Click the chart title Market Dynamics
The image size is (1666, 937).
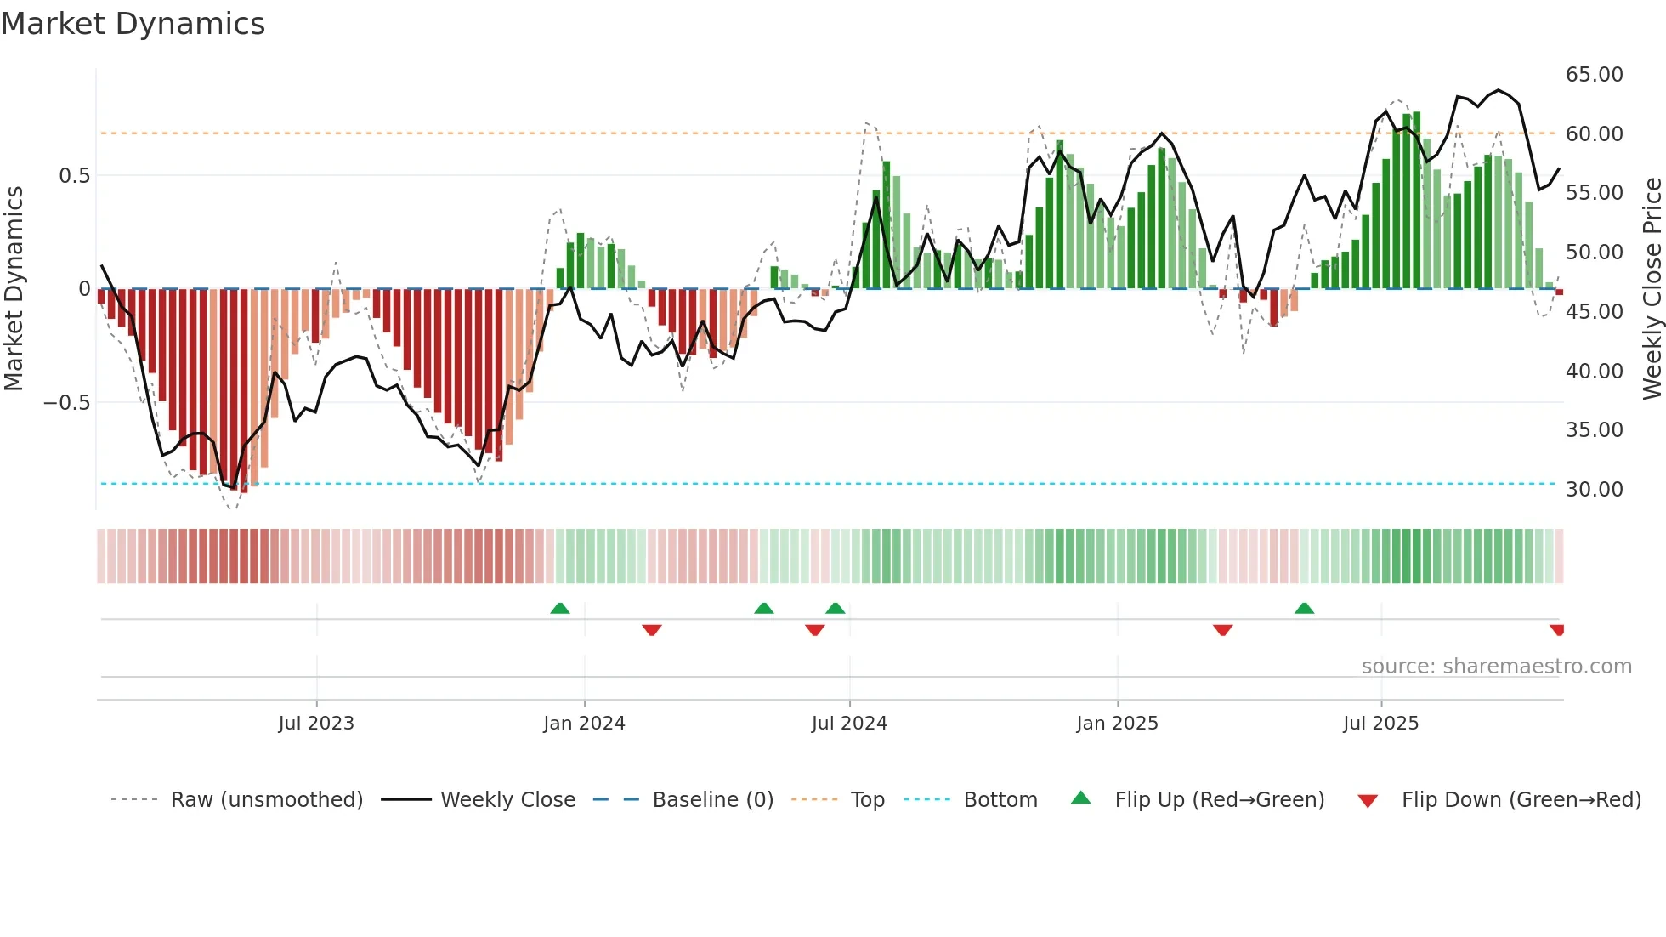point(133,24)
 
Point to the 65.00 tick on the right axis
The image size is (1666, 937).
point(1594,75)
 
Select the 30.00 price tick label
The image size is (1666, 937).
point(1594,490)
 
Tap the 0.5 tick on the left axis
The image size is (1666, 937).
point(74,176)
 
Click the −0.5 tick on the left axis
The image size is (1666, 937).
point(66,403)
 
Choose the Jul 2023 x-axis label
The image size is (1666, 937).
point(316,724)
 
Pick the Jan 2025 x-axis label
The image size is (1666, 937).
point(1117,724)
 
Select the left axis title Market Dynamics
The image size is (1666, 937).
point(14,289)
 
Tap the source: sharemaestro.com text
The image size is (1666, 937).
point(1496,667)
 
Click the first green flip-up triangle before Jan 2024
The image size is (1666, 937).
point(560,609)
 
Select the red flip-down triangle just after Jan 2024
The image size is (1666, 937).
point(652,630)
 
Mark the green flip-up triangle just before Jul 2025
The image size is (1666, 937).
point(1304,609)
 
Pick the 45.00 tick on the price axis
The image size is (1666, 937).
point(1594,312)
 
